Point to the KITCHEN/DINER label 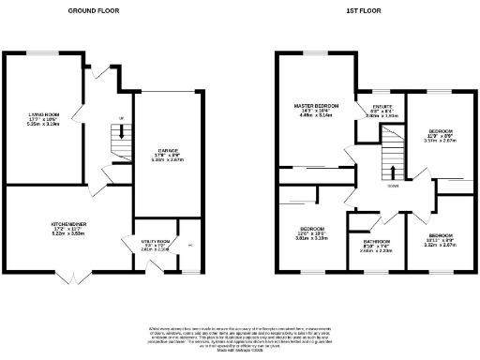point(67,223)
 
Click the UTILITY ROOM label point(155,242)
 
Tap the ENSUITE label point(382,108)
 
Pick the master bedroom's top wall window point(314,52)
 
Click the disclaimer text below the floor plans point(240,337)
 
